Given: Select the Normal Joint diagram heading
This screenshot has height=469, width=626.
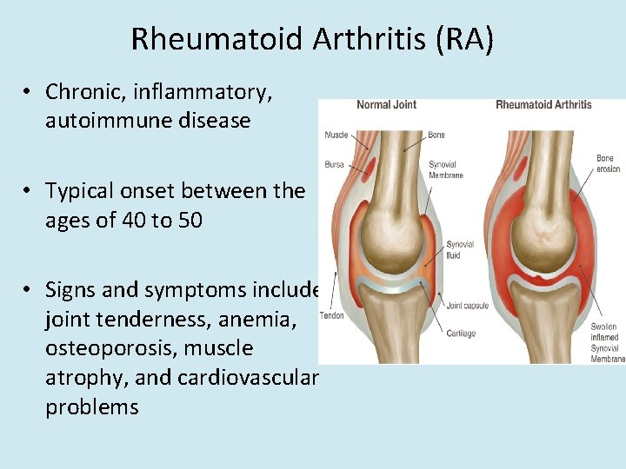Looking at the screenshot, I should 386,105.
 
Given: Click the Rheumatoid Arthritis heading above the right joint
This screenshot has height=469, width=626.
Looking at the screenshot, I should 543,105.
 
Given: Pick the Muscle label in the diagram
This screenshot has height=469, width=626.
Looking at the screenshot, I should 336,135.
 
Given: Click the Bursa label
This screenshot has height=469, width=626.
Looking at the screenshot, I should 334,164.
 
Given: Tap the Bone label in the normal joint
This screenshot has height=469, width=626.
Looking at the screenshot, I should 436,135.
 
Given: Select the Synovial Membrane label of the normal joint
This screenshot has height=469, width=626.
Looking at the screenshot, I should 445,170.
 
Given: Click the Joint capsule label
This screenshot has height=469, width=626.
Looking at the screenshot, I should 467,306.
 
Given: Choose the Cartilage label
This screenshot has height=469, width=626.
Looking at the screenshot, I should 461,334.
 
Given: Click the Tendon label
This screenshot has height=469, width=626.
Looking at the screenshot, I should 332,315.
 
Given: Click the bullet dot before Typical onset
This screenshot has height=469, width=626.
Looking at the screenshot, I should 30,191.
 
